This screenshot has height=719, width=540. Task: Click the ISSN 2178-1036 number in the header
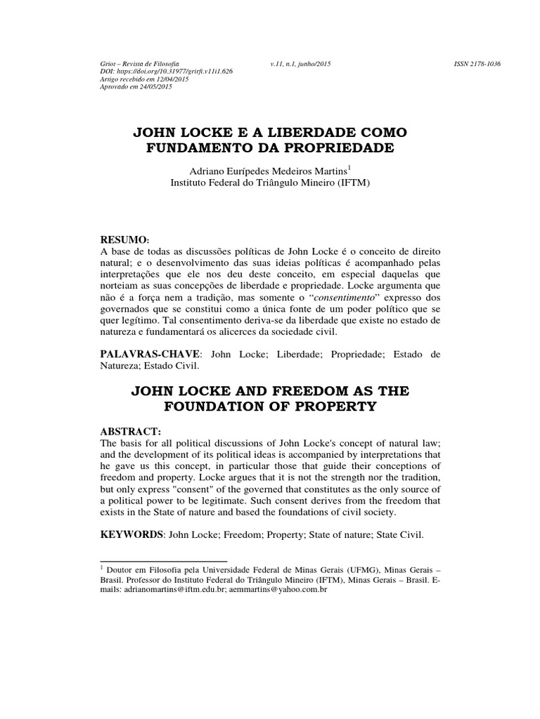pos(477,65)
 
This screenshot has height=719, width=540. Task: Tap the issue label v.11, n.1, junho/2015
pos(300,65)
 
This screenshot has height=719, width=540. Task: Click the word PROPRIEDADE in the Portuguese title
pos(335,148)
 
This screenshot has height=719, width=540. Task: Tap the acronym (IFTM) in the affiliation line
pos(350,183)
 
